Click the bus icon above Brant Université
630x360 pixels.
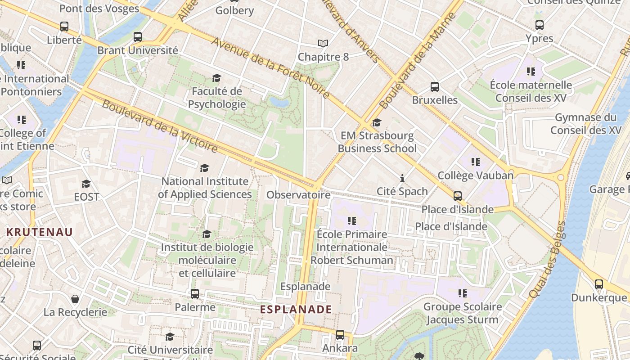[138, 37]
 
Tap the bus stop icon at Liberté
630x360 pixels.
[64, 27]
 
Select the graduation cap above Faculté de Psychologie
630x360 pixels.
[216, 78]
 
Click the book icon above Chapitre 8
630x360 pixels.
[323, 44]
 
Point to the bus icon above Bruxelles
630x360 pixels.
[434, 87]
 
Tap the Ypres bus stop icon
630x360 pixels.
[539, 25]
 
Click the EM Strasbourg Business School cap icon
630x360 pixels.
[377, 122]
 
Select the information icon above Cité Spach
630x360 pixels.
[402, 178]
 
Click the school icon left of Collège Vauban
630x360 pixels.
[475, 162]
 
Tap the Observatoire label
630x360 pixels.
[298, 195]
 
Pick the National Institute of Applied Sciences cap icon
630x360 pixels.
[204, 168]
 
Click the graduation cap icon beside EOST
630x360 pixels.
[86, 184]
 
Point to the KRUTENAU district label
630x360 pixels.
[40, 232]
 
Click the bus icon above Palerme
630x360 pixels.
[195, 294]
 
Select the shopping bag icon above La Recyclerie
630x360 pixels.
[75, 299]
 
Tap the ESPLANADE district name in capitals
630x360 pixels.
[296, 310]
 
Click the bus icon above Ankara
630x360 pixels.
[340, 335]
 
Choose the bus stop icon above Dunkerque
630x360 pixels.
[598, 284]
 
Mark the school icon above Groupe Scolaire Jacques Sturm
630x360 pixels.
[462, 294]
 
